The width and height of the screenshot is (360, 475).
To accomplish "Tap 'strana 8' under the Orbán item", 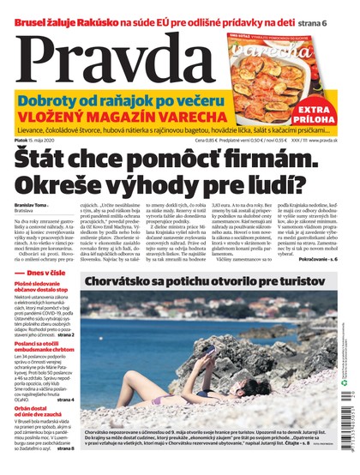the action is click(64, 448).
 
